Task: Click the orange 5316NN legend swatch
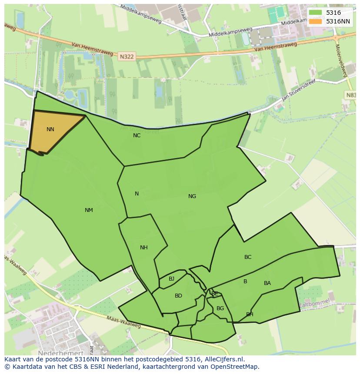[x=316, y=21]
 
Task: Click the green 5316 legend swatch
[x=316, y=13]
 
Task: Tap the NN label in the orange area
[x=50, y=129]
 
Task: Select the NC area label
[x=137, y=136]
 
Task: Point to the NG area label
[x=192, y=196]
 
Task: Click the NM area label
[x=89, y=210]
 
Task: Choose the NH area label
[x=144, y=248]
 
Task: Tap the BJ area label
[x=171, y=279]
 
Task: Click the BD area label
[x=178, y=296]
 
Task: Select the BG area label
[x=220, y=308]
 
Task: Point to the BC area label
[x=248, y=257]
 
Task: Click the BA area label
[x=267, y=283]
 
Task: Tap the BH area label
[x=250, y=314]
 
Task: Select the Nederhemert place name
[x=60, y=353]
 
